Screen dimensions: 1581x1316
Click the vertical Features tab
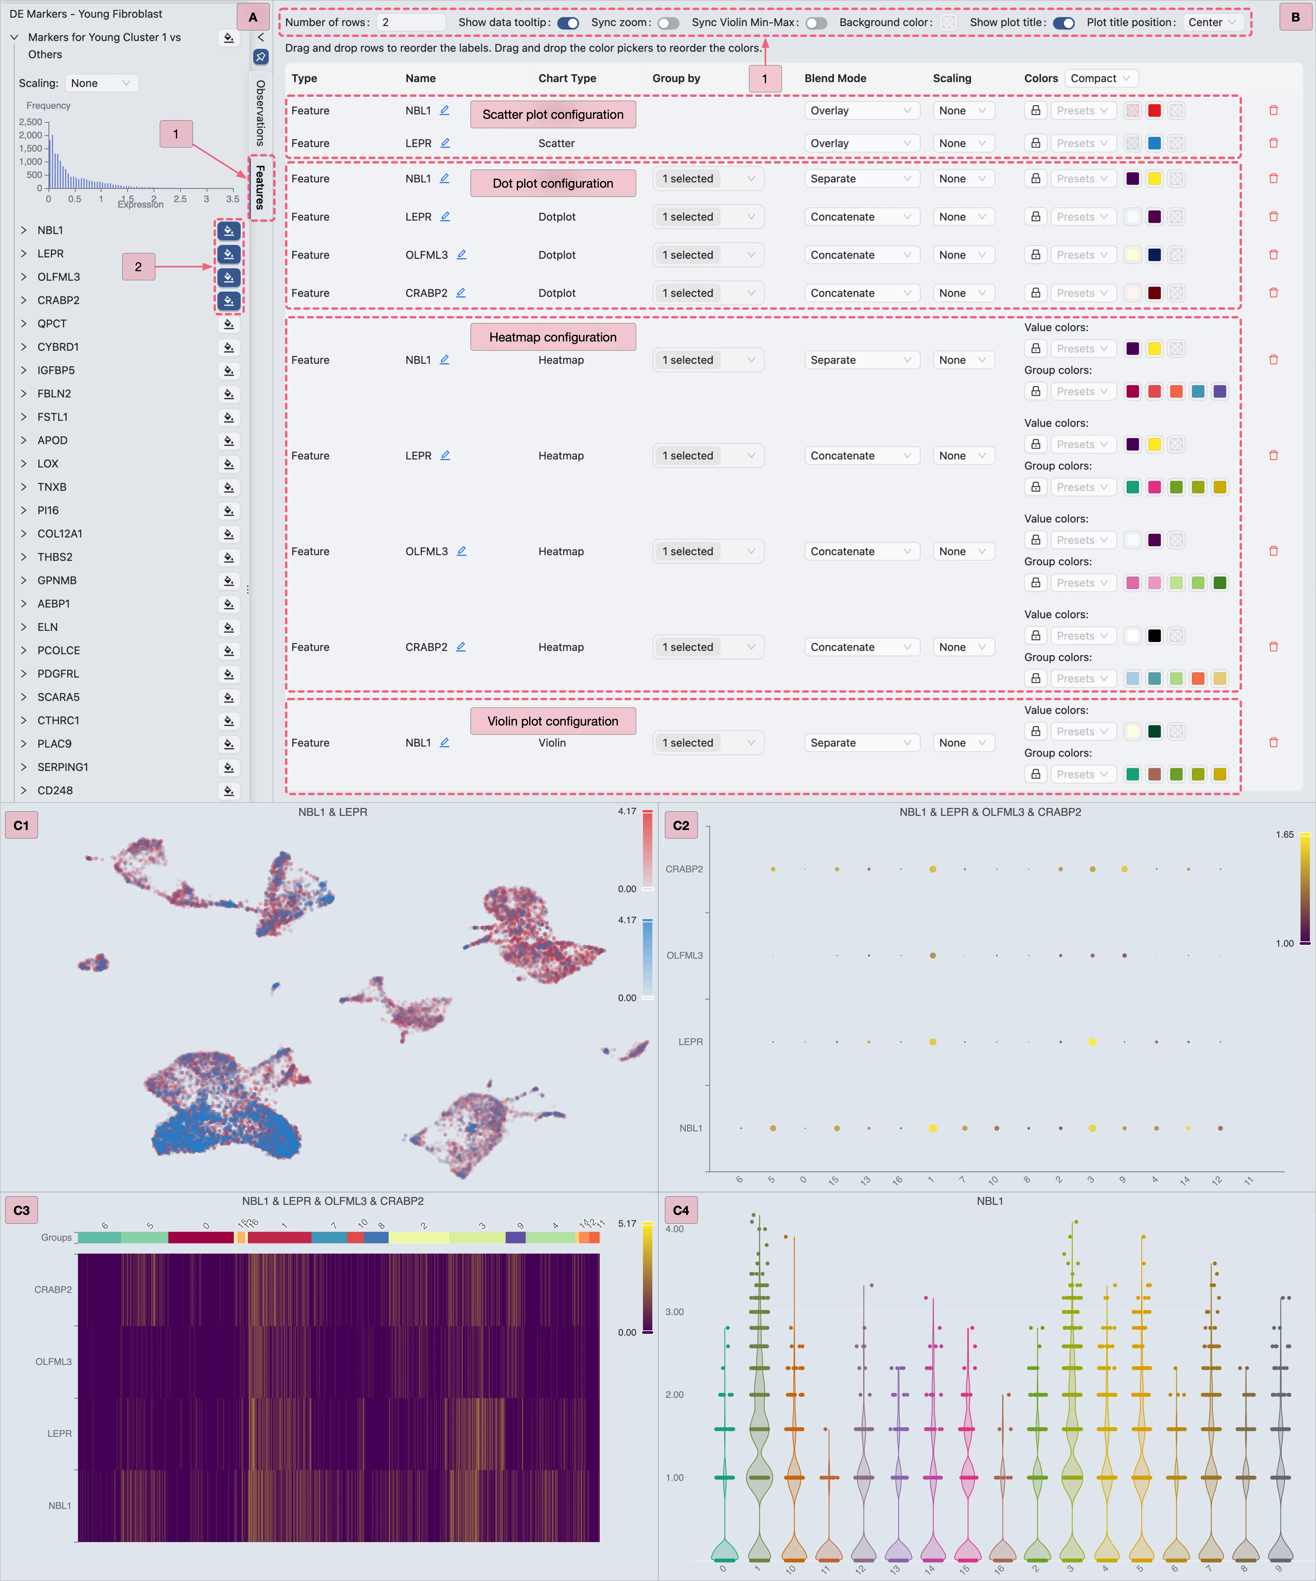tap(261, 187)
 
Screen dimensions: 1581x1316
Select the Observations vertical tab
tap(261, 113)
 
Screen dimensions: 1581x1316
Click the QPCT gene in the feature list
tap(52, 324)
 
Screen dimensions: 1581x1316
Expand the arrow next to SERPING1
tap(23, 767)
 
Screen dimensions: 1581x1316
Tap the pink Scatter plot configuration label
tap(553, 115)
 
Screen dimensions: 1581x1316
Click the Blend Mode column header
tap(835, 78)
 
